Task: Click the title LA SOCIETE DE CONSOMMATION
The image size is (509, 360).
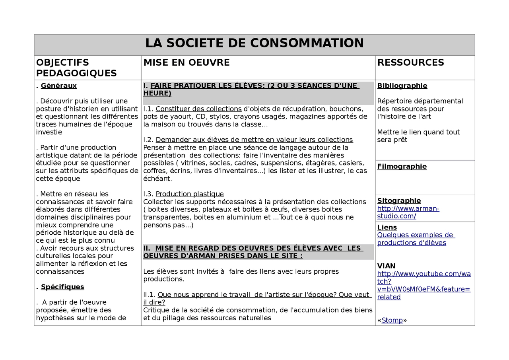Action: pyautogui.click(x=254, y=43)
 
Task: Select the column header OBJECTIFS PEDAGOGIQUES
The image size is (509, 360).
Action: pyautogui.click(x=76, y=68)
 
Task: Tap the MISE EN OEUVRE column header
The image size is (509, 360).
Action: pyautogui.click(x=187, y=62)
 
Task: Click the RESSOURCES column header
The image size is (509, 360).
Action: pyautogui.click(x=410, y=62)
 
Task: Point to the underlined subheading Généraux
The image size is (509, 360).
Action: pyautogui.click(x=58, y=86)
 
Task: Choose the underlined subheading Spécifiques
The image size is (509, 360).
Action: pyautogui.click(x=62, y=287)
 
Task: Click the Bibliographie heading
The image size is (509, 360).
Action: pyautogui.click(x=402, y=86)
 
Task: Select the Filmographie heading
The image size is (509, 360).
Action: pyautogui.click(x=402, y=166)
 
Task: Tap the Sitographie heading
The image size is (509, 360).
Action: pyautogui.click(x=399, y=200)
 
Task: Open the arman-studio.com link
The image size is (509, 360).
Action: pyautogui.click(x=408, y=212)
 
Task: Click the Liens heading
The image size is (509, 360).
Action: pyautogui.click(x=387, y=227)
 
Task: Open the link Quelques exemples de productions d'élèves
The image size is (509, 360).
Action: pyautogui.click(x=415, y=239)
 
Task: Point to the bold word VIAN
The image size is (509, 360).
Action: pyautogui.click(x=386, y=266)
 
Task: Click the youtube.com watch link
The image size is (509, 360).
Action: pyautogui.click(x=424, y=285)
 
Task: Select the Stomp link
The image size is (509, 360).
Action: pyautogui.click(x=392, y=320)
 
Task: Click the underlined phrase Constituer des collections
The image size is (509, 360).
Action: pyautogui.click(x=198, y=109)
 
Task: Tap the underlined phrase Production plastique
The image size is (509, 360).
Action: pyautogui.click(x=190, y=194)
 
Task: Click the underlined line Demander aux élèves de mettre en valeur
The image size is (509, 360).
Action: pyautogui.click(x=254, y=140)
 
